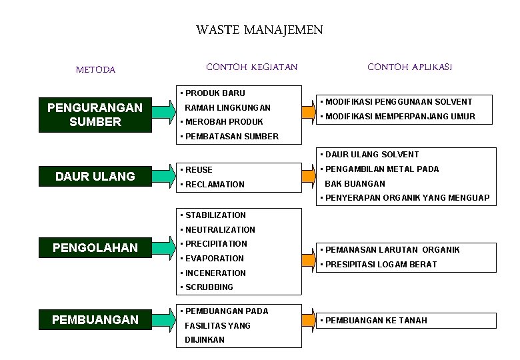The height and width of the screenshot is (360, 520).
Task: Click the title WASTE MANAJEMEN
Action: coord(259,30)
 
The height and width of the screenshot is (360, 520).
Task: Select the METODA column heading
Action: coord(95,69)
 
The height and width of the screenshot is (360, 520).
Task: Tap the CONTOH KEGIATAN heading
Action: coord(252,67)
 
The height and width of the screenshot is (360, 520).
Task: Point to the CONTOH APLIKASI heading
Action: coord(410,67)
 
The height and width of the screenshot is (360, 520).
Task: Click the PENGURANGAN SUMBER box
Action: coord(95,115)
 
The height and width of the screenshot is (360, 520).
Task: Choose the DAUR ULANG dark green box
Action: coord(95,176)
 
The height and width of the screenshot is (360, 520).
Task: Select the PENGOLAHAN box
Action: coord(95,248)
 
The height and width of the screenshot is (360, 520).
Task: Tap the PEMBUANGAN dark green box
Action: coord(95,319)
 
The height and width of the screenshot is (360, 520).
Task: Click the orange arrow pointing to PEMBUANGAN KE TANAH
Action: coord(308,320)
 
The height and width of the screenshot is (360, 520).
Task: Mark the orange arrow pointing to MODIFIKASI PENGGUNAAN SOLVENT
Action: coord(308,109)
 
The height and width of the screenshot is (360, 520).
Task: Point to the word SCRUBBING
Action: coord(209,287)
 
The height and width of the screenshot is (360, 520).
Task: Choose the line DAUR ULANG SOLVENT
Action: coord(372,155)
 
